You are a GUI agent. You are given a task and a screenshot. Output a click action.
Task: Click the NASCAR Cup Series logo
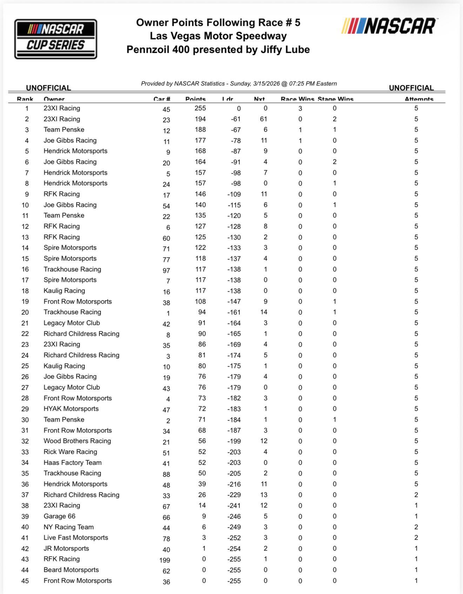[55, 39]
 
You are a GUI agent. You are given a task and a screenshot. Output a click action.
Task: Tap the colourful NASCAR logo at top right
[389, 26]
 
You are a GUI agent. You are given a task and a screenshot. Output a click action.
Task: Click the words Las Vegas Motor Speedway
[218, 36]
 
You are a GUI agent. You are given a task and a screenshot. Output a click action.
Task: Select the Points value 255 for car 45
[200, 108]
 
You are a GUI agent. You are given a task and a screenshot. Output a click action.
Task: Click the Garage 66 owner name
[59, 516]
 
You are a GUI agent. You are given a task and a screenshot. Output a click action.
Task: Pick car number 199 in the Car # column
[165, 560]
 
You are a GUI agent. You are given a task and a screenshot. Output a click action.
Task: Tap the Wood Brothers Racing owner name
[77, 441]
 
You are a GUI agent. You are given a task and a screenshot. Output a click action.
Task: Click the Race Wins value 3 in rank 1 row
[300, 109]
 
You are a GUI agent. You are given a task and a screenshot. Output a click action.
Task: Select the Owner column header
[54, 99]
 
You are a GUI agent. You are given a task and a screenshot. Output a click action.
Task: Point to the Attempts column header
[419, 99]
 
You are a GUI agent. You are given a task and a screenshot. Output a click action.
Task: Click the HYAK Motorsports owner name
[71, 409]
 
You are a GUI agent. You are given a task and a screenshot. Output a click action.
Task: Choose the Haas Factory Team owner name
[73, 463]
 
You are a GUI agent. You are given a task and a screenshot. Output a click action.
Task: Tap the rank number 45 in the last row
[25, 581]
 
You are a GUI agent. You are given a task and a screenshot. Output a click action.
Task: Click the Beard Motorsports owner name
[71, 570]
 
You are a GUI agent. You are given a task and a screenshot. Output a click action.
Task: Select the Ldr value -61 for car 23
[236, 119]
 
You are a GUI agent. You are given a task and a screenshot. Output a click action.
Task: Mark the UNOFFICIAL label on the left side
[48, 88]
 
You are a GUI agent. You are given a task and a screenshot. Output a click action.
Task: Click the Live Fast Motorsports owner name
[76, 538]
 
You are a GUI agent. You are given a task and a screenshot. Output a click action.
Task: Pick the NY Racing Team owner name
[68, 527]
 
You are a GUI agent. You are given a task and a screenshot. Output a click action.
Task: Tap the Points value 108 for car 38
[200, 302]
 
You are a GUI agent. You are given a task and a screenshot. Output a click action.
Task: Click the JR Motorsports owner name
[66, 548]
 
